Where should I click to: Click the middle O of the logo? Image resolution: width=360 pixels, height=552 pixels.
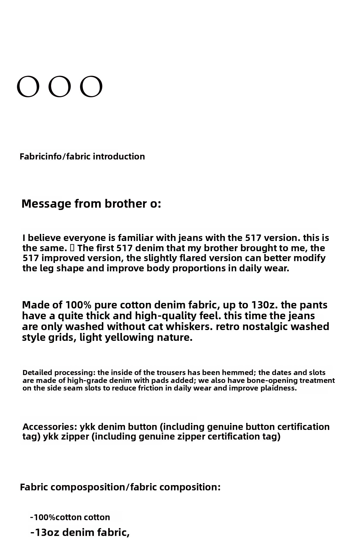point(60,86)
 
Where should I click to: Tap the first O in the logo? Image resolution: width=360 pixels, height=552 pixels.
point(28,86)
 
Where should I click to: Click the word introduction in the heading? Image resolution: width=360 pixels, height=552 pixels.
point(119,157)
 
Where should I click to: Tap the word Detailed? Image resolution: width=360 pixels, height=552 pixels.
point(37,373)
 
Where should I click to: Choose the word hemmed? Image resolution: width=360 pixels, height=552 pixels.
point(240,373)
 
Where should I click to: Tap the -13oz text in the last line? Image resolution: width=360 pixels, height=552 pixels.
point(45,532)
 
